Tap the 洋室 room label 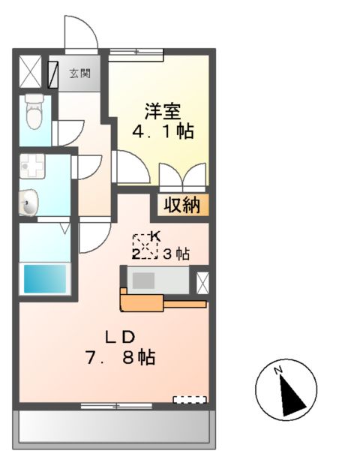(162, 110)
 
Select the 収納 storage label (182, 205)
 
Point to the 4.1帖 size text (163, 132)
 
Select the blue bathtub (44, 279)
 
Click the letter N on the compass (277, 371)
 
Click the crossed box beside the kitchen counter (202, 281)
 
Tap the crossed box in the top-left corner (31, 72)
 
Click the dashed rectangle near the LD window (190, 398)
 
